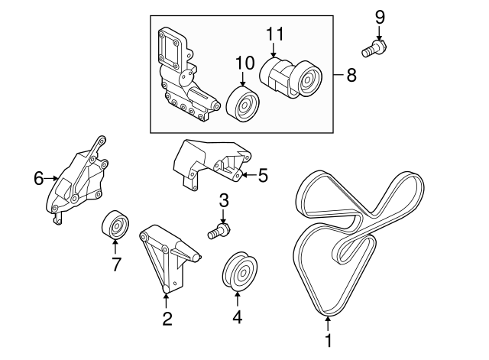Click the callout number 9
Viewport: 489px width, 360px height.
coord(380,17)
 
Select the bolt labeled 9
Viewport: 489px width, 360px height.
coord(374,49)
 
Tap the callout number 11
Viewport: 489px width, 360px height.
coord(275,34)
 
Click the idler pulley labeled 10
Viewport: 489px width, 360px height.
coord(243,104)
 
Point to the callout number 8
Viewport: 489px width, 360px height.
coord(351,75)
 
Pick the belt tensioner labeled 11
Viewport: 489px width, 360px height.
coord(290,78)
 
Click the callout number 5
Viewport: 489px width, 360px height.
coord(263,175)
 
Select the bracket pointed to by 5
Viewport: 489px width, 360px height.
coord(212,164)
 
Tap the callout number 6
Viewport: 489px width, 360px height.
coord(39,179)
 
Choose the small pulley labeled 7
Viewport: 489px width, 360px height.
coord(115,225)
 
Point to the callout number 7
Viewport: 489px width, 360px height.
coord(115,264)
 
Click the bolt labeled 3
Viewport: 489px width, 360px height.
coord(219,231)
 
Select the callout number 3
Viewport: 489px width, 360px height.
coord(224,200)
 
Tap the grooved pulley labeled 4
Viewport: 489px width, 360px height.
coord(240,271)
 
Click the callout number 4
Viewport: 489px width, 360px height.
coord(238,316)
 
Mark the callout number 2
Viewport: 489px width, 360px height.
coord(167,319)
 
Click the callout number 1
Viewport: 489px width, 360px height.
coord(328,340)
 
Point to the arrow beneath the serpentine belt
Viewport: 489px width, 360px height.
coord(328,323)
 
